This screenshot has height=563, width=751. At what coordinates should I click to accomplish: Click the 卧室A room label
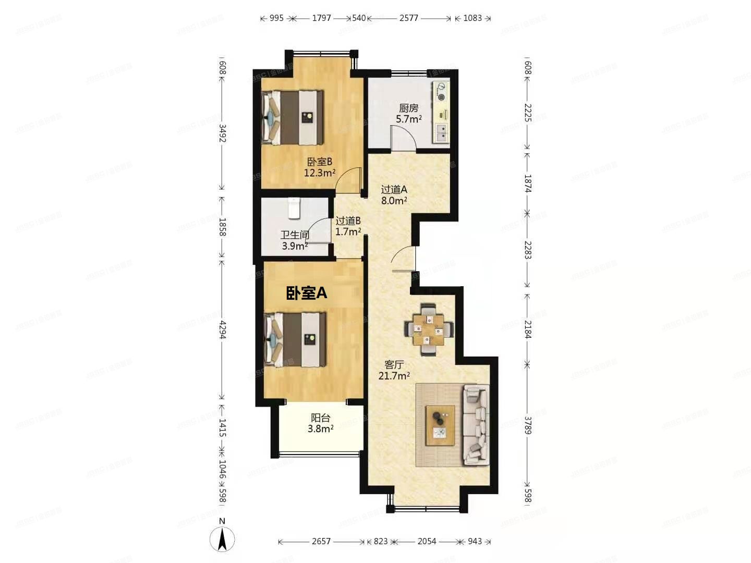307,293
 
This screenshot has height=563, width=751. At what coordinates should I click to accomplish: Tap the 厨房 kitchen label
409,108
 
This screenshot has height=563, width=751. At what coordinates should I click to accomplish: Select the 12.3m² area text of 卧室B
320,173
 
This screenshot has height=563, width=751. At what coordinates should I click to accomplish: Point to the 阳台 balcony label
321,418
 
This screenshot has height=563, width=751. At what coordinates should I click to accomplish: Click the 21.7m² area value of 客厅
394,375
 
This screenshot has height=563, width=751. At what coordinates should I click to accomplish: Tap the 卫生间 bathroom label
295,235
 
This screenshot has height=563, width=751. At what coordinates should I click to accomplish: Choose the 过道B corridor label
348,221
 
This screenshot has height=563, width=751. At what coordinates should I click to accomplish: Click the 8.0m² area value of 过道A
394,200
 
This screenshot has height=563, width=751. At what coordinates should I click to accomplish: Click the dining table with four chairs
429,328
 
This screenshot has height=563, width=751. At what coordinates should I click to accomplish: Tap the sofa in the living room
476,424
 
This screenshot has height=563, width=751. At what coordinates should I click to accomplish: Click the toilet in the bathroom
294,209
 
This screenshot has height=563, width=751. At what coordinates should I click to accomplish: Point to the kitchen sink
441,132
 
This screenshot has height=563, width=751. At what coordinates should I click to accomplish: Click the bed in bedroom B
293,117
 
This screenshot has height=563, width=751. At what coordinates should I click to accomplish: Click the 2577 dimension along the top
409,18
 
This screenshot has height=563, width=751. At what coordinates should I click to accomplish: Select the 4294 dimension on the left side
223,330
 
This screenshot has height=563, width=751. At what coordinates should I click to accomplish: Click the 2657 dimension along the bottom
321,542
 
